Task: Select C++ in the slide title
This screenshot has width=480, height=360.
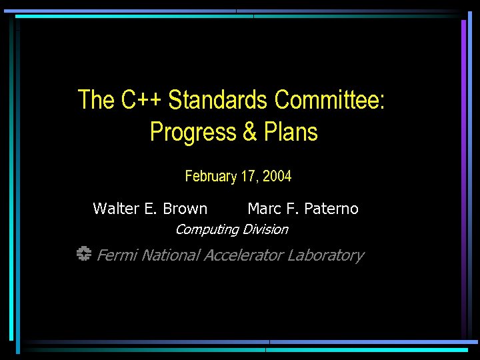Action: coord(141,100)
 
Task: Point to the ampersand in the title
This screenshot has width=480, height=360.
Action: coord(250,132)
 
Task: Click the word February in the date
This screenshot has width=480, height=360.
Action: coord(211,177)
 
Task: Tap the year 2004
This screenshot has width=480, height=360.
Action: coord(277,177)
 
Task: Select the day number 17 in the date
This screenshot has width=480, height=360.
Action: coord(249,177)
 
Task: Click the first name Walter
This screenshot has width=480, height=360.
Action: coord(115,209)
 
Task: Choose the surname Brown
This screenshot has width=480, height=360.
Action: coord(185,209)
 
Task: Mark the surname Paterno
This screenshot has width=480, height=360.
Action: coord(331,209)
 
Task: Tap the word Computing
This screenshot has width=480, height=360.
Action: coord(207,230)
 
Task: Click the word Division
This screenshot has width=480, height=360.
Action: coord(265,229)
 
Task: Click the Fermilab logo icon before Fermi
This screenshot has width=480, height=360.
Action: coord(83,255)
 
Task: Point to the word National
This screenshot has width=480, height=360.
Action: coord(171,255)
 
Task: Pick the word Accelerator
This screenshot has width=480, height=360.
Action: coord(244,255)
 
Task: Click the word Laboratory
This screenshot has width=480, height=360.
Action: coord(326,255)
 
